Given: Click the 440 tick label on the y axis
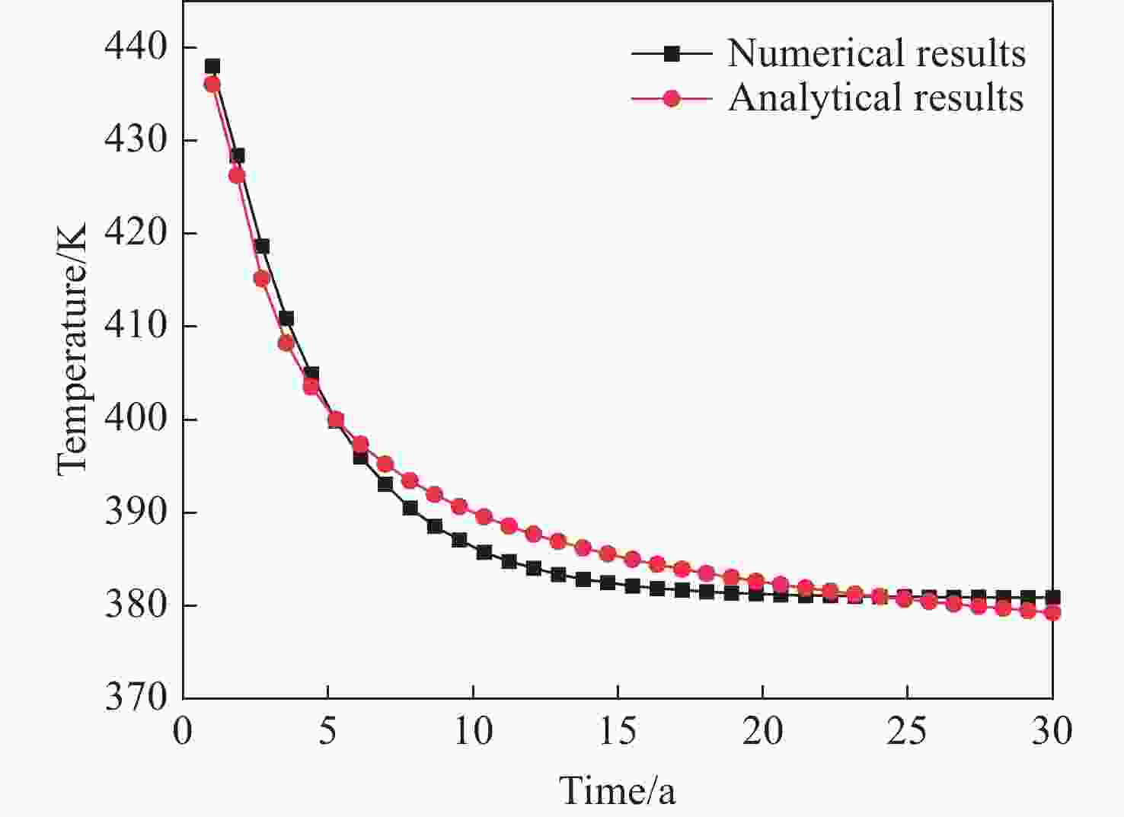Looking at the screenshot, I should [x=135, y=47].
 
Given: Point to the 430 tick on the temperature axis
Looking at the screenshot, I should [x=135, y=140].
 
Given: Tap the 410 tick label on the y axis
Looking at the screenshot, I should [x=135, y=326].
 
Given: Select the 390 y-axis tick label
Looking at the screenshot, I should [x=135, y=512].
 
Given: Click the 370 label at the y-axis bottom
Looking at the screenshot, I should [x=135, y=697].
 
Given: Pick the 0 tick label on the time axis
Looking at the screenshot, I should [x=183, y=732].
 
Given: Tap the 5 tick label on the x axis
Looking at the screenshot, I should [x=327, y=732].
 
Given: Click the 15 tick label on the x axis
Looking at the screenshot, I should [x=617, y=732].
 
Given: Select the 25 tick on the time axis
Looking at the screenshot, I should [x=907, y=732].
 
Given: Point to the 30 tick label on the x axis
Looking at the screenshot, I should [x=1052, y=732].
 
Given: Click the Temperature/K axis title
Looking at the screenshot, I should [x=72, y=349].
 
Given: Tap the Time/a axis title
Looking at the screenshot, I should [x=618, y=790].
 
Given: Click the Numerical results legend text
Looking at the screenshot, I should [x=876, y=53].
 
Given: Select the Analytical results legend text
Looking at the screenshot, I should [x=876, y=98].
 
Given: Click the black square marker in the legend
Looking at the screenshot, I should [x=671, y=53].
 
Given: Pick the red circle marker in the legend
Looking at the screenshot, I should [x=671, y=98].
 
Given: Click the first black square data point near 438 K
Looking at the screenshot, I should [x=212, y=66].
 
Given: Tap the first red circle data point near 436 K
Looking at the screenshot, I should [x=212, y=84].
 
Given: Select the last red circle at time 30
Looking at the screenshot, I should [x=1052, y=612].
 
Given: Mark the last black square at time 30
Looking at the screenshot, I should [x=1052, y=598].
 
